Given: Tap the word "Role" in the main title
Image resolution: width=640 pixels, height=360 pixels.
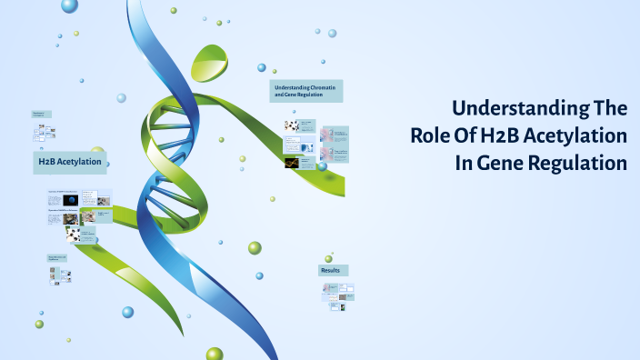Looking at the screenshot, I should [430, 136].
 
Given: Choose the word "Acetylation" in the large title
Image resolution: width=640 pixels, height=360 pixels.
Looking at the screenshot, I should [577, 136].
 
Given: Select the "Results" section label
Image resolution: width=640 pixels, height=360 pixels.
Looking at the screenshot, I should [333, 270].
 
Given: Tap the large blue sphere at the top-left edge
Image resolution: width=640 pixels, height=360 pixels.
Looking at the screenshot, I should [69, 6].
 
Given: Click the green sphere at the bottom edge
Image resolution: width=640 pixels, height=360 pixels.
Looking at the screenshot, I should [215, 354].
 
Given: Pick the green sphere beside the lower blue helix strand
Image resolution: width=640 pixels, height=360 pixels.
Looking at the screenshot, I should [255, 248].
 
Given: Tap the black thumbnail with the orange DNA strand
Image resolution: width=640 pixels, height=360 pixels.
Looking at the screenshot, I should [291, 164].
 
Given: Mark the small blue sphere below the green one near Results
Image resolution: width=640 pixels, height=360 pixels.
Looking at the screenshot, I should [259, 275].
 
